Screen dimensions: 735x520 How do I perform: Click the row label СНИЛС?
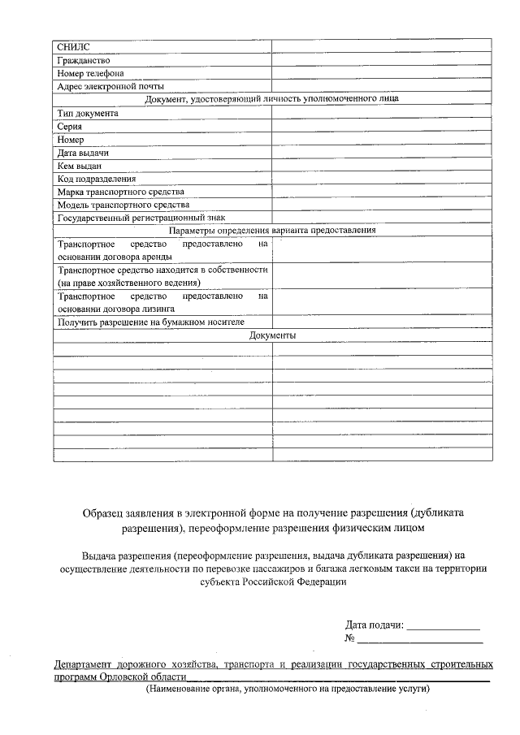69,46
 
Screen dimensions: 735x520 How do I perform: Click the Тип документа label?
88,113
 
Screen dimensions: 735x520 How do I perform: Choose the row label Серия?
69,126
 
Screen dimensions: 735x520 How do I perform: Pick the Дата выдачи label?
83,153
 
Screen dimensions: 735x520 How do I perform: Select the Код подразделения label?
97,179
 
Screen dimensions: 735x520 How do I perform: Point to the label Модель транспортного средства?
123,205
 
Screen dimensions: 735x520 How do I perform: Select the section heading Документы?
272,335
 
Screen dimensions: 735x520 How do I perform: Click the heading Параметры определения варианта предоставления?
272,231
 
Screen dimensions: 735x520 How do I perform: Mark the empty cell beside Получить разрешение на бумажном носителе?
381,322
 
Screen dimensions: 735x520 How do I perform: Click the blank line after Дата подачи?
443,625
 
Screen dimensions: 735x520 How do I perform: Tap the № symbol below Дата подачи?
351,638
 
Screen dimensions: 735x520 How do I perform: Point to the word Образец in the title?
102,513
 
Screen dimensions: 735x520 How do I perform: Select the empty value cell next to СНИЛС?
381,46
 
